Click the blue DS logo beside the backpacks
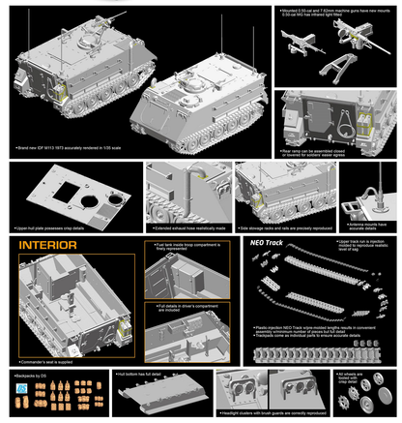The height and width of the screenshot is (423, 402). pos(23,389)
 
